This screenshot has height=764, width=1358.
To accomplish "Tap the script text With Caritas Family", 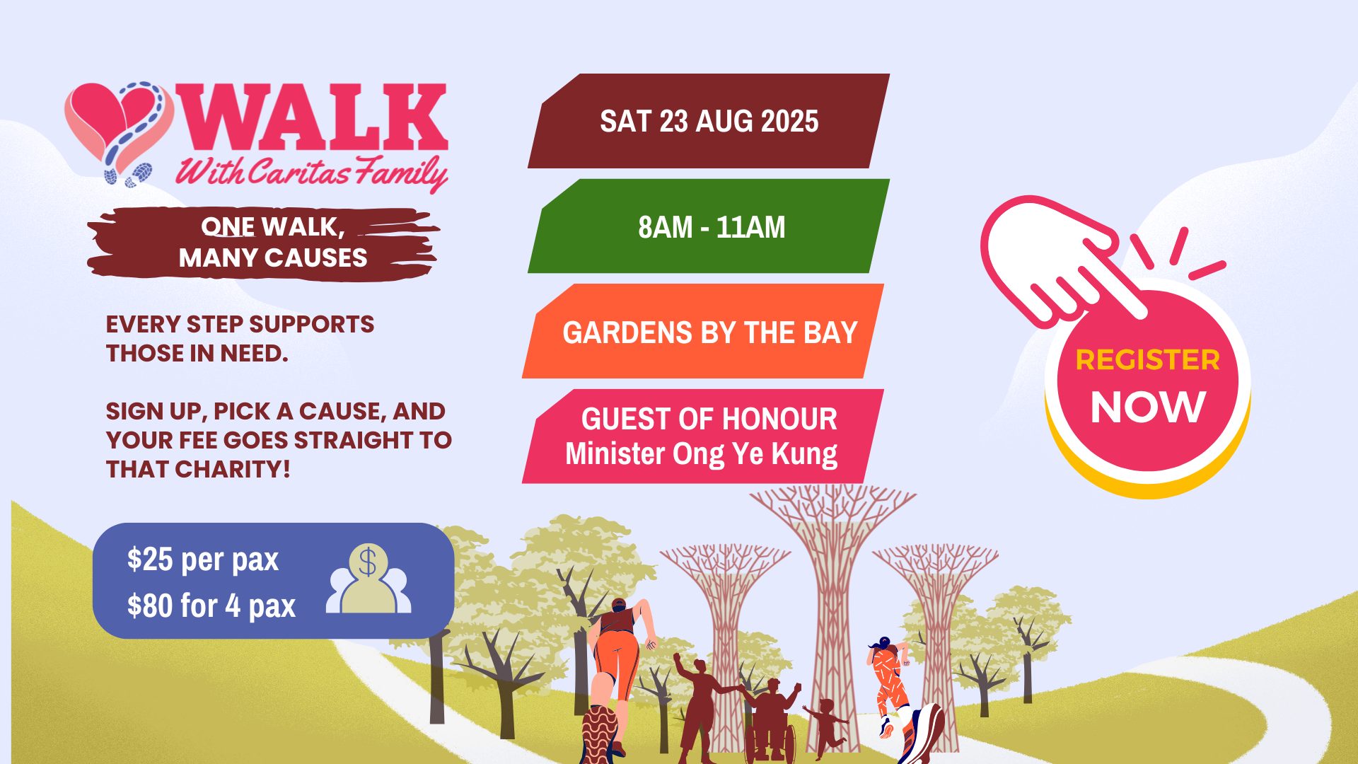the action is click(311, 172).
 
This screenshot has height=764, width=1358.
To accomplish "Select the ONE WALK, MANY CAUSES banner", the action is click(263, 242).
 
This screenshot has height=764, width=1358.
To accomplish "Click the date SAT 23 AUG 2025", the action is click(709, 121).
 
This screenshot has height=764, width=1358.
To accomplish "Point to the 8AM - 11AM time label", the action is click(712, 227).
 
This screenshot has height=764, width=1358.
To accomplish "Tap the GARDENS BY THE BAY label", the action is click(709, 332).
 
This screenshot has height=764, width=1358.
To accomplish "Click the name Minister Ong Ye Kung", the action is click(701, 453).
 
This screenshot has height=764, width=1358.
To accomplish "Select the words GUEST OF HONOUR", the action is click(709, 419).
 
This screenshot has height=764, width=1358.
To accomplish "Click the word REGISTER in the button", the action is click(1147, 360).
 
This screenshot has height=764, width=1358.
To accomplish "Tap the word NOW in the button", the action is click(1147, 407).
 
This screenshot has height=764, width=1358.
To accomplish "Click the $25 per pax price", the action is click(203, 560).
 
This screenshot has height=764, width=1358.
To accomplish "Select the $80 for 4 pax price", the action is click(211, 606).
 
